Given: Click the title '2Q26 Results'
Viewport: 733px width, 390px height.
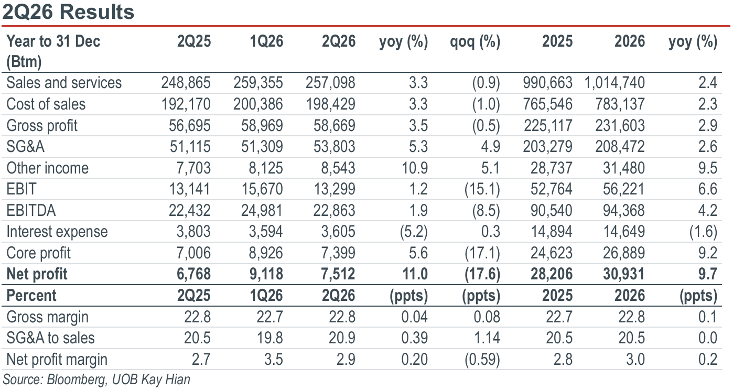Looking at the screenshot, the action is [68, 12].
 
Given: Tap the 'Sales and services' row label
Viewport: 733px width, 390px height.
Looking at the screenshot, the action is [64, 83].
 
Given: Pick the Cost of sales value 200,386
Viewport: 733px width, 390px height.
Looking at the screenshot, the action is [258, 104].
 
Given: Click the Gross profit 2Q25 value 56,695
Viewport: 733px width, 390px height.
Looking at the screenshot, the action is [189, 126].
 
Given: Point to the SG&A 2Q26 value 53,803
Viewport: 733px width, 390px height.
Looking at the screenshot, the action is [334, 147].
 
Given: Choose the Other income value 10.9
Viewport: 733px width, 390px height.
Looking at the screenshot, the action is [415, 168].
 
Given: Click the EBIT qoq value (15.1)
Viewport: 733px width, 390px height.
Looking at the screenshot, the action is [482, 189].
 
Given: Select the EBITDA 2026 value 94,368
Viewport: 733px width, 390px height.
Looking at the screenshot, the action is [624, 210].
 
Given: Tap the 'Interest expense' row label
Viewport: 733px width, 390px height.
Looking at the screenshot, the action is [57, 232].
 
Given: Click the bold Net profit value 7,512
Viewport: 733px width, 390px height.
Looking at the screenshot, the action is [338, 274].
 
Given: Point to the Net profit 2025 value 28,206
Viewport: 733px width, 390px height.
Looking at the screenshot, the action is [552, 274].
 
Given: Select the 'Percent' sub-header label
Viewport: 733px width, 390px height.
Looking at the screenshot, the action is [31, 296].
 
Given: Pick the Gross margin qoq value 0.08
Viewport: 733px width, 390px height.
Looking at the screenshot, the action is [487, 317].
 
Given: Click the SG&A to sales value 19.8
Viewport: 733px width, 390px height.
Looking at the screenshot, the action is [270, 338].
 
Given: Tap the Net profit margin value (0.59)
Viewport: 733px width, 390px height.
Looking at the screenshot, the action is [482, 359].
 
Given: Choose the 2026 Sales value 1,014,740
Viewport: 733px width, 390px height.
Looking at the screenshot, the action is [615, 83].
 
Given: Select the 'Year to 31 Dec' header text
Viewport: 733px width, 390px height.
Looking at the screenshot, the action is [53, 41].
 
